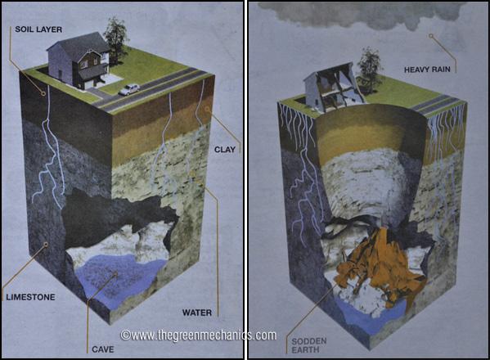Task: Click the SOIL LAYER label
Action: tap(38, 29)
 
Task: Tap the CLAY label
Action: tap(225, 150)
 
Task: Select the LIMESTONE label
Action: tap(30, 297)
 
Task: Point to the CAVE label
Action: tap(103, 349)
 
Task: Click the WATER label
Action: tap(197, 313)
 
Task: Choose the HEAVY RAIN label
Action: tap(427, 70)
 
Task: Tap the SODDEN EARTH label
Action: tap(308, 345)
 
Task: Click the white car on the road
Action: tap(129, 89)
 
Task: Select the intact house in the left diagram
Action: tap(79, 61)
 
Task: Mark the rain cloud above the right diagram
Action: tap(362, 14)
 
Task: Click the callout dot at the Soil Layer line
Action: tap(43, 93)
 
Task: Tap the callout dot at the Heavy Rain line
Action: tap(431, 36)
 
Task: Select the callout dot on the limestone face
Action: tap(46, 245)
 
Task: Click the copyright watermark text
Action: tap(199, 335)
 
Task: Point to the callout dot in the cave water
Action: tap(115, 274)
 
